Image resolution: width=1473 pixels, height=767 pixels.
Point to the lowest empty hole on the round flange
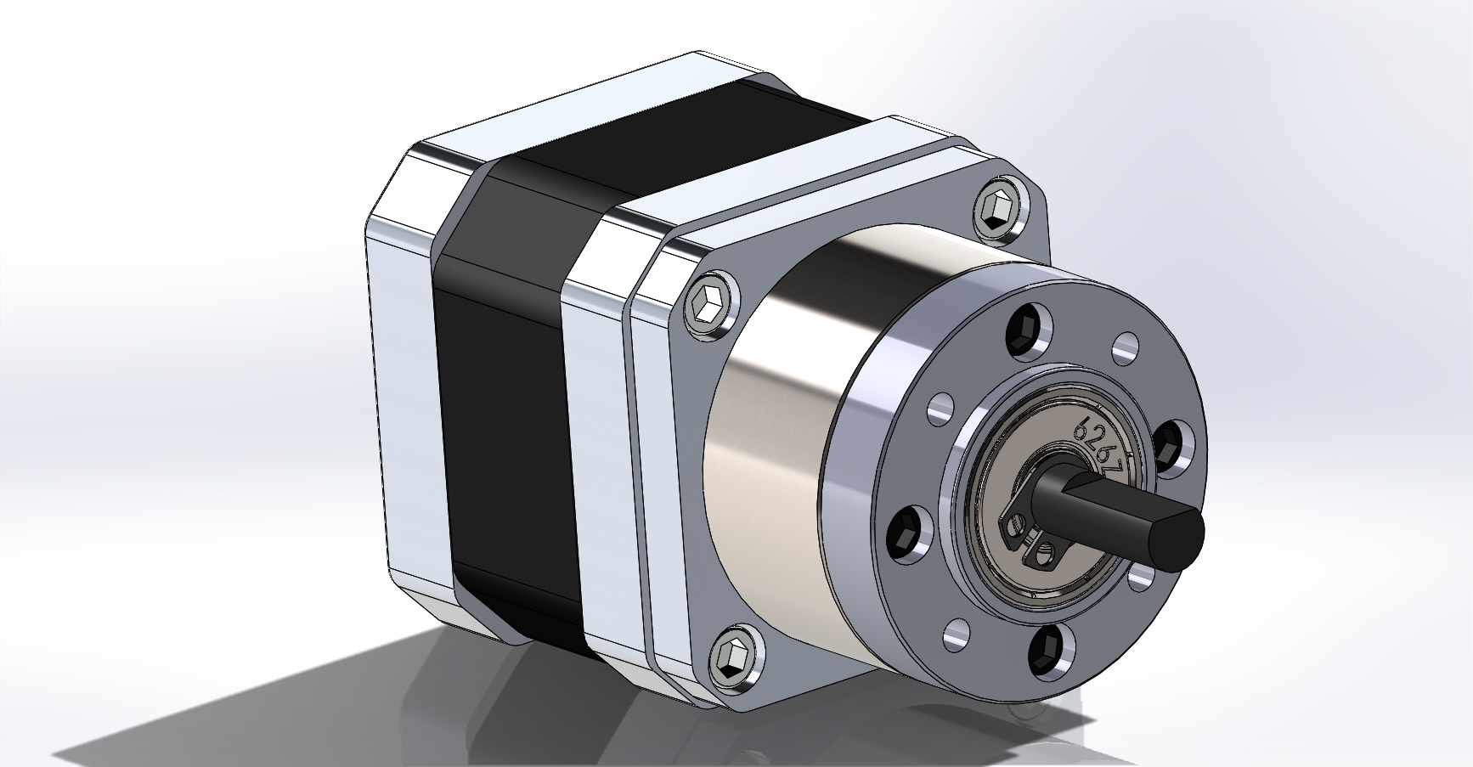click(956, 633)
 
